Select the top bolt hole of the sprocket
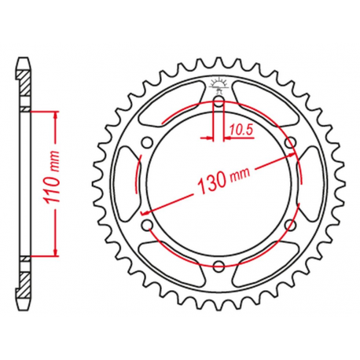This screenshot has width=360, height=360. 219,101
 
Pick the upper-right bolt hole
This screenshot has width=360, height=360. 291,142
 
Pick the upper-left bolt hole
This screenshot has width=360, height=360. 146,142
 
